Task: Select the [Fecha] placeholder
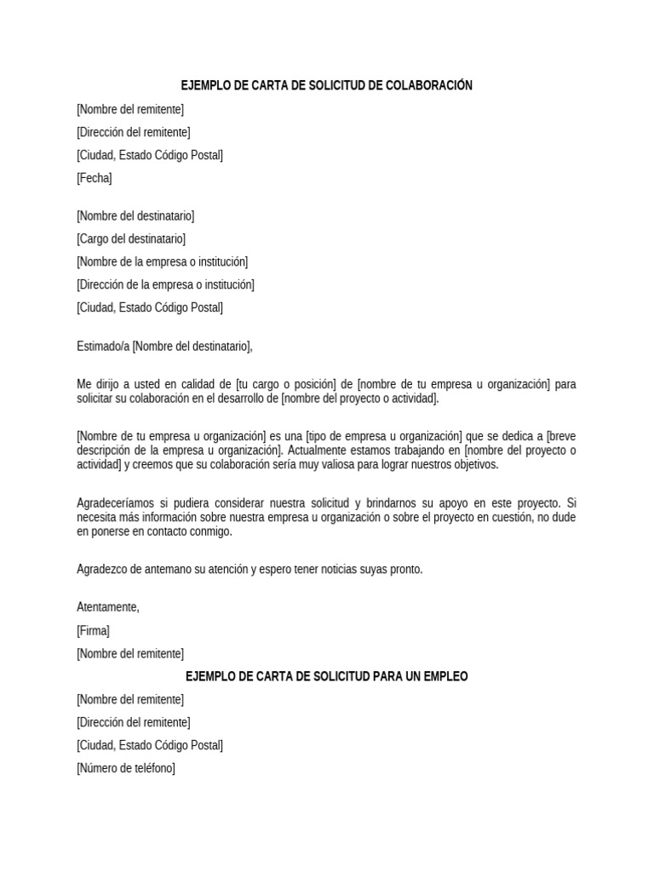pyautogui.click(x=94, y=178)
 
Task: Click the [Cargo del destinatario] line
pyautogui.click(x=130, y=239)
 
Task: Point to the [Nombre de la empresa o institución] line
pyautogui.click(x=162, y=262)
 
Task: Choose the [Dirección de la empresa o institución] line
pyautogui.click(x=164, y=284)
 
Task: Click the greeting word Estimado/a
pyautogui.click(x=103, y=346)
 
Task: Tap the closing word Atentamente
pyautogui.click(x=107, y=607)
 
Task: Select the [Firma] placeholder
pyautogui.click(x=93, y=631)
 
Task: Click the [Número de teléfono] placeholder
pyautogui.click(x=125, y=768)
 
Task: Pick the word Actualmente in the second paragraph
pyautogui.click(x=318, y=450)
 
